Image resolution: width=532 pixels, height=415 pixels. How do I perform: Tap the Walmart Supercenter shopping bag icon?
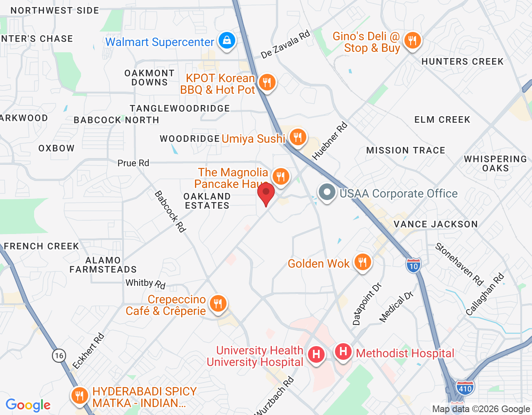227,41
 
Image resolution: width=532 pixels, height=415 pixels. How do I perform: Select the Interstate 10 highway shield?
414,266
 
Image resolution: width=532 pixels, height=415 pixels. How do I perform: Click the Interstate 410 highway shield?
465,388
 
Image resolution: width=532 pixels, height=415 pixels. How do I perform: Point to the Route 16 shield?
59,355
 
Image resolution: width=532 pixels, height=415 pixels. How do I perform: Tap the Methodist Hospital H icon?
343,352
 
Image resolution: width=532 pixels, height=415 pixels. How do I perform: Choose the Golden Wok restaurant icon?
363,262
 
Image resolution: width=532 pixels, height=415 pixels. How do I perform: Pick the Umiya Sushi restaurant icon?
298,137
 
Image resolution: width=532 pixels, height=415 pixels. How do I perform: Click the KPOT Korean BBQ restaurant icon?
267,83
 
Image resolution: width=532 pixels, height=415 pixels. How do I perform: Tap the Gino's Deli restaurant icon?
412,41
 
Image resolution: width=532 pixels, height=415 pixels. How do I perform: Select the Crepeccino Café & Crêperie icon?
218,304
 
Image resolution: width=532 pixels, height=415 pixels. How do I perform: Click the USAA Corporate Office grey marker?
327,193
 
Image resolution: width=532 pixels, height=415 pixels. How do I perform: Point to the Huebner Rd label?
330,141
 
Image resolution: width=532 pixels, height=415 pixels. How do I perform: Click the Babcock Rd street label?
170,211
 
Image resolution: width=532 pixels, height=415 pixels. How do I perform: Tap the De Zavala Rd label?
286,44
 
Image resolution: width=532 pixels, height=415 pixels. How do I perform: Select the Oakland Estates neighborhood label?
207,201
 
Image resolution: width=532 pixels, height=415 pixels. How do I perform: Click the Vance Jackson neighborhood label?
436,225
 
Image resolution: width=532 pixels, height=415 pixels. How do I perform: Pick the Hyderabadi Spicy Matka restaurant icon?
79,396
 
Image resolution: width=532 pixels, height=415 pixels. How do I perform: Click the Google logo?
28,405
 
